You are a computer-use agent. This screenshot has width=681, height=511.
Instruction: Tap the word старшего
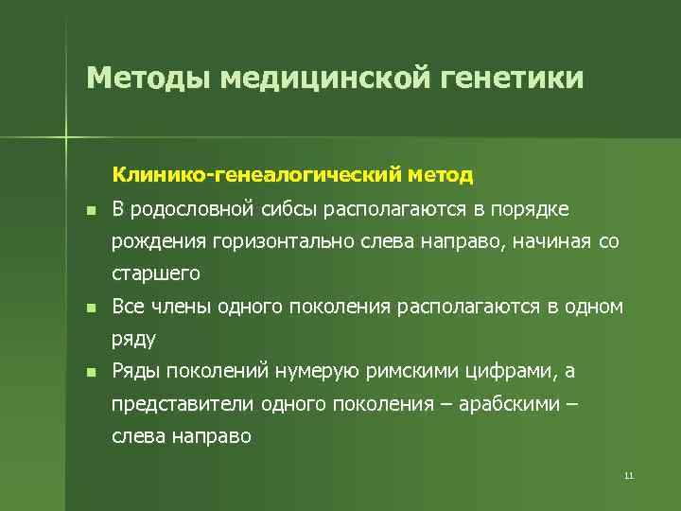[156, 274]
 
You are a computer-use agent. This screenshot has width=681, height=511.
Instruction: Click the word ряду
[133, 339]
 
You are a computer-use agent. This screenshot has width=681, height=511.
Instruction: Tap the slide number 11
[628, 475]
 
